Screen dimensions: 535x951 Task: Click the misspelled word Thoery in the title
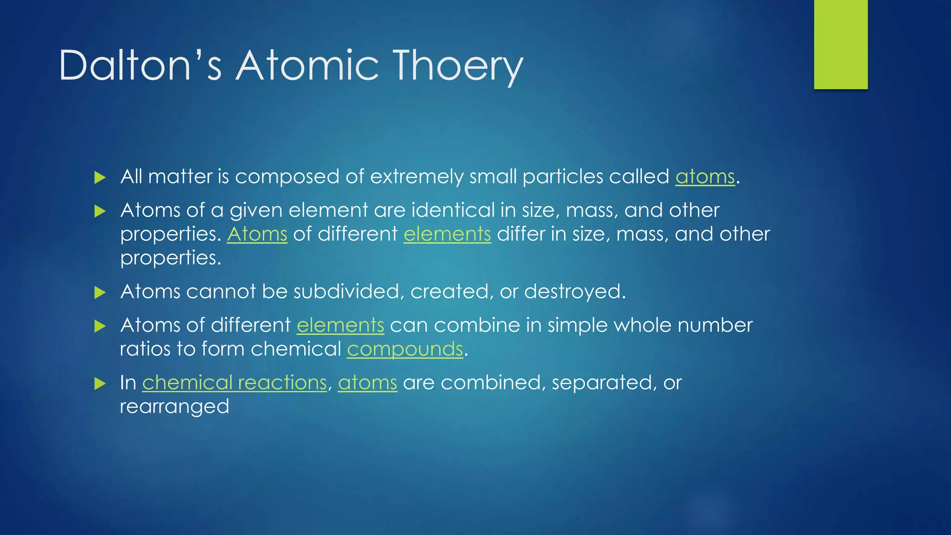tap(457, 66)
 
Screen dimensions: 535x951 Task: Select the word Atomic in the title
tap(307, 66)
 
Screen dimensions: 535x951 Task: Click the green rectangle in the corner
tap(840, 44)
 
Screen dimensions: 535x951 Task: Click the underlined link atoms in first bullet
tap(705, 177)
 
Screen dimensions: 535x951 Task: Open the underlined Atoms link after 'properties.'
tap(257, 234)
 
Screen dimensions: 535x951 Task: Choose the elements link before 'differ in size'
tap(447, 234)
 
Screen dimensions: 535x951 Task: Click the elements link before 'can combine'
tap(340, 325)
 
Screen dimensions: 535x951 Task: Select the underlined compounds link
tap(405, 349)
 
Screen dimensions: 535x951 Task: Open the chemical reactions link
tap(234, 383)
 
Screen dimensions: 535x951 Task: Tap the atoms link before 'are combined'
tap(367, 383)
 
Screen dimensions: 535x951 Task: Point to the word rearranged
tap(175, 407)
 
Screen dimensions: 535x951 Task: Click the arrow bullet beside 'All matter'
tap(100, 177)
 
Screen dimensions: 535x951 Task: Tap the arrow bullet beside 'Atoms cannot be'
tap(100, 293)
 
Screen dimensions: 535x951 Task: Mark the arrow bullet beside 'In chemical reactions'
tap(100, 384)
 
